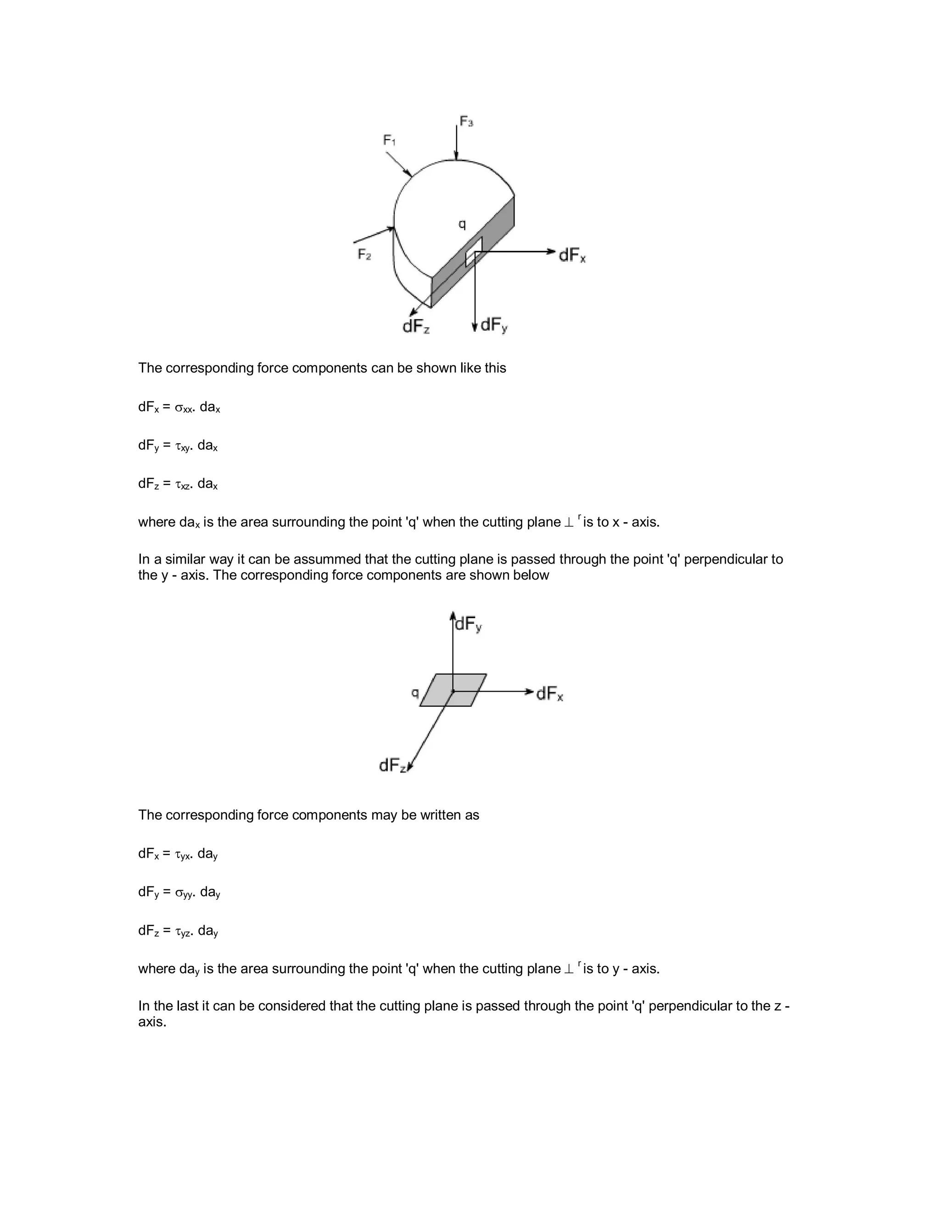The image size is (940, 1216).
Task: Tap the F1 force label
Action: point(389,140)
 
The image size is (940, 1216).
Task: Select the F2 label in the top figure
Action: point(364,255)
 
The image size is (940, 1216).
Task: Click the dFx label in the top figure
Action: point(572,255)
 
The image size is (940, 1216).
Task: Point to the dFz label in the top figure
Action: point(416,326)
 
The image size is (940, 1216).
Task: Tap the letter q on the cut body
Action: point(462,224)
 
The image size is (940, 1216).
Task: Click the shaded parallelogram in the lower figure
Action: point(453,691)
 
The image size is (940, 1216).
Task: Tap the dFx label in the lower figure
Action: point(549,694)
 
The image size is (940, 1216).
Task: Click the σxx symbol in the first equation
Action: point(184,408)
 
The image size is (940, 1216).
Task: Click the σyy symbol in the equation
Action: point(185,893)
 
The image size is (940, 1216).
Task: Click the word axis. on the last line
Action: point(152,1022)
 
